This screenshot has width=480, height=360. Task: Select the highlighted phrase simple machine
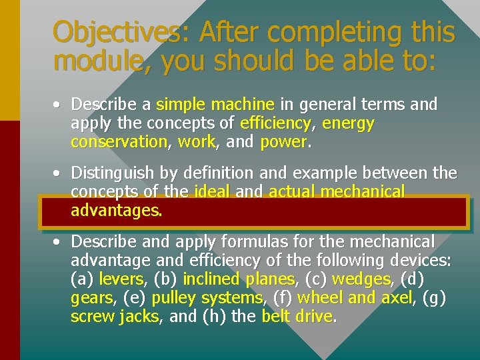(215, 105)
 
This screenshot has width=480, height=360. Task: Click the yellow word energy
(347, 123)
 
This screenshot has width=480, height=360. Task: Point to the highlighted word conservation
(119, 142)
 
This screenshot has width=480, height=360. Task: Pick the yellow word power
(283, 142)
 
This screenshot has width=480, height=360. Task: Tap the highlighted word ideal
(211, 192)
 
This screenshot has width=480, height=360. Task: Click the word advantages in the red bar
(115, 211)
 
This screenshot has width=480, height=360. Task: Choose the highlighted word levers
(121, 279)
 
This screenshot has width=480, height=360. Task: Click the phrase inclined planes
(238, 279)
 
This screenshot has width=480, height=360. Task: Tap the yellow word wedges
(361, 279)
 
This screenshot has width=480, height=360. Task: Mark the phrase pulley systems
(207, 297)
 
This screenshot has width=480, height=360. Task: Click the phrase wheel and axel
(355, 297)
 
